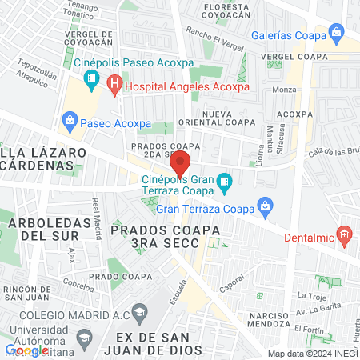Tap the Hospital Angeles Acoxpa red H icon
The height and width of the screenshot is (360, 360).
coord(115,82)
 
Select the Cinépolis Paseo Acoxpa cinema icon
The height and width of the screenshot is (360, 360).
coord(91,81)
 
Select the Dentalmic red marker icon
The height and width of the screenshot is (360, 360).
coord(345,234)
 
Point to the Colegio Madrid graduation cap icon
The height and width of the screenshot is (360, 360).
coord(140,311)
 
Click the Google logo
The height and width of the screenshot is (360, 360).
coord(27,350)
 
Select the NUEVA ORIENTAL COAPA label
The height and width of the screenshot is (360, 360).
coord(227,120)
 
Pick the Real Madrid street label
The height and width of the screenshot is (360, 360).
coord(97,211)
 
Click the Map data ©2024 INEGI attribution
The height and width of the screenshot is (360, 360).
coord(312,354)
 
